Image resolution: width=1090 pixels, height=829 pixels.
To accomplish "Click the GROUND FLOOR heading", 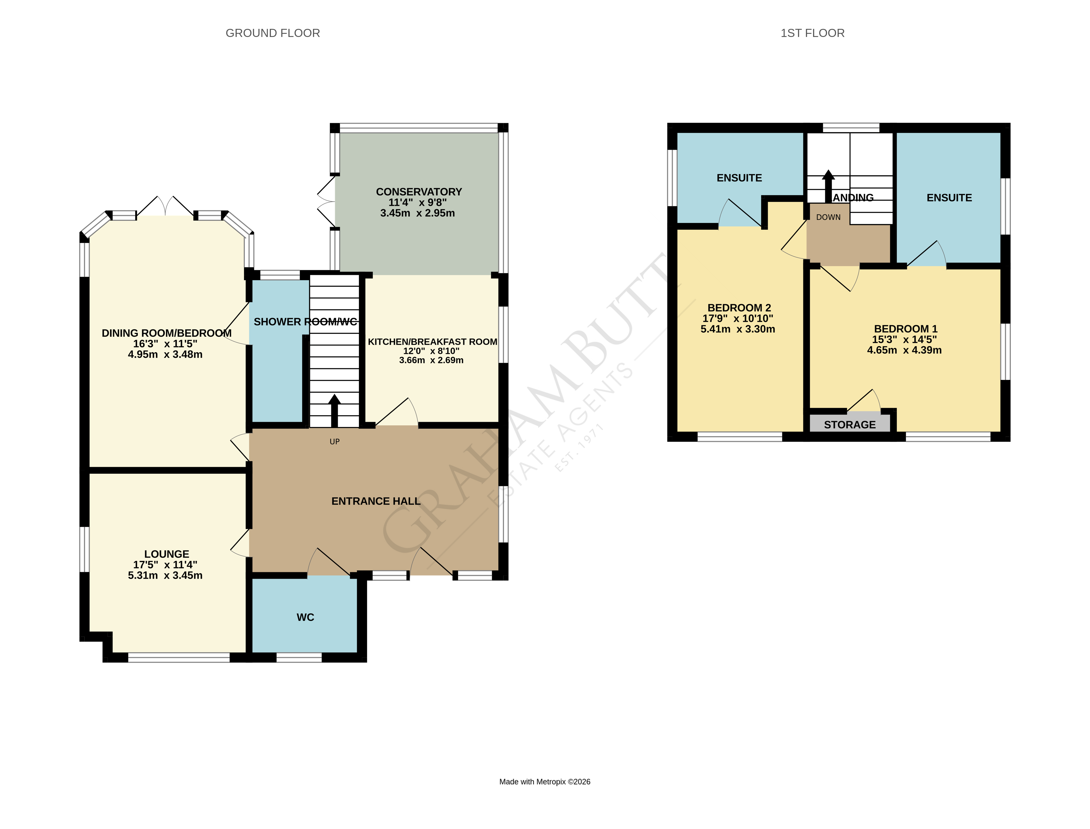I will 273,33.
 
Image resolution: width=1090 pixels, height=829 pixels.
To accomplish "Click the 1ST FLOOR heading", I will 812,33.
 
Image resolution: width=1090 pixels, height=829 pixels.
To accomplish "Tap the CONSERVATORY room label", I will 419,191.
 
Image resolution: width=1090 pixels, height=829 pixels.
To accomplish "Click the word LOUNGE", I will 166,554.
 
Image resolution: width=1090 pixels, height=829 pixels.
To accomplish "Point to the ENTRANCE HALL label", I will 376,501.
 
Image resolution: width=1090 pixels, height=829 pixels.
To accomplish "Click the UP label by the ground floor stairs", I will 334,442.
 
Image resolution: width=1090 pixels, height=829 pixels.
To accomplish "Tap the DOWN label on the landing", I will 828,217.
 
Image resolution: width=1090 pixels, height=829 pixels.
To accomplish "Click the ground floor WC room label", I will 305,617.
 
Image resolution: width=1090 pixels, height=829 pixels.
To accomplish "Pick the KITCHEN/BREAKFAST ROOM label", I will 432,341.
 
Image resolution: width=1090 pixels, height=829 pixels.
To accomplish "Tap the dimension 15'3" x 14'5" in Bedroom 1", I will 904,339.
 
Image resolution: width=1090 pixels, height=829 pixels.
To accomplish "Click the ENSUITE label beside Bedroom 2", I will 739,178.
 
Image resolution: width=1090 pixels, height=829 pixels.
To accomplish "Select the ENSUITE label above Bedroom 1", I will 949,198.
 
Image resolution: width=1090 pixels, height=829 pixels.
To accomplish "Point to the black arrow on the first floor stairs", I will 828,185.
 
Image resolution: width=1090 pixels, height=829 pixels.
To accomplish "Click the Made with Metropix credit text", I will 545,781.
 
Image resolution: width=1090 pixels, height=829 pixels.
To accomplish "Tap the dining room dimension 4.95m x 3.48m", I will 165,354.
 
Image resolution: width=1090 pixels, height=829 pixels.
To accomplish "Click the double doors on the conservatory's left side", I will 326,202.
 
